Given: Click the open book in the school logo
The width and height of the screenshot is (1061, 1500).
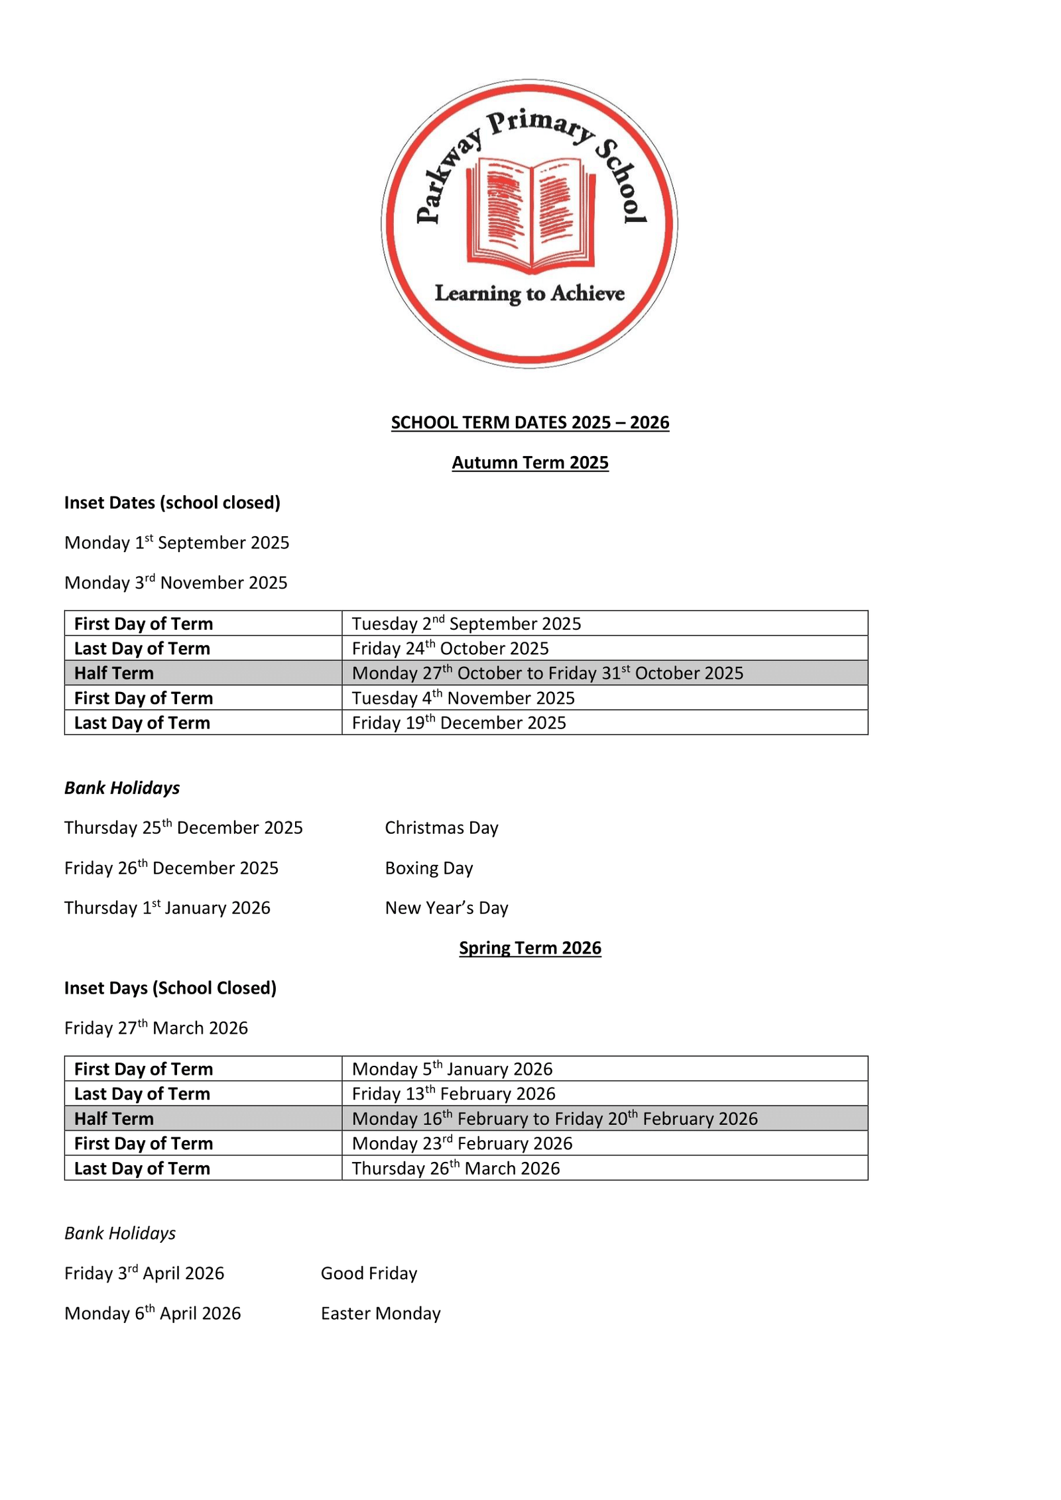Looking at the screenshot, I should (x=530, y=213).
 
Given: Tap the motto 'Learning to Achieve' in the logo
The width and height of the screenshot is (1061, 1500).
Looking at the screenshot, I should (x=529, y=293).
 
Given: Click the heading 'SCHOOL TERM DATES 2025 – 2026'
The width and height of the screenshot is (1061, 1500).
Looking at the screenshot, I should (x=530, y=422).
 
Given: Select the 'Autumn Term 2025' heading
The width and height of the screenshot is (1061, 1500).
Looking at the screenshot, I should (x=530, y=463).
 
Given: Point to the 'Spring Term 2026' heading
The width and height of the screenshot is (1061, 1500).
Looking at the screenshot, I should (x=530, y=948).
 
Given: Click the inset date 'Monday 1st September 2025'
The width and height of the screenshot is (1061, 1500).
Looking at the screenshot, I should (x=176, y=543).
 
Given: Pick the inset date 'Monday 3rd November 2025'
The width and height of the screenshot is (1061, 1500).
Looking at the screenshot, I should (x=176, y=583).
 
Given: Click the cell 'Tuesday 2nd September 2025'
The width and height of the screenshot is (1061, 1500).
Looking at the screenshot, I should (x=466, y=624).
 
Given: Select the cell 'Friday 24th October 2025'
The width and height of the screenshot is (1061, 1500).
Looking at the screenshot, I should (x=450, y=648).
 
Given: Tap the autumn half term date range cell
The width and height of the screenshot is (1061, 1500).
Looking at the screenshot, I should (x=547, y=673).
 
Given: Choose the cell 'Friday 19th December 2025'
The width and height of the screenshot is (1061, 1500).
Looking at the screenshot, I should (x=459, y=722).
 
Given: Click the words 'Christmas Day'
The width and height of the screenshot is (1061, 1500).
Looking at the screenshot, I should (x=441, y=828).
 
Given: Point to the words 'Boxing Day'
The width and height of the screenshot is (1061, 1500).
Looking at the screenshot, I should (x=428, y=868).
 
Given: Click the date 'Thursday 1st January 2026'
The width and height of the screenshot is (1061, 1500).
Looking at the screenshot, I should (x=167, y=908).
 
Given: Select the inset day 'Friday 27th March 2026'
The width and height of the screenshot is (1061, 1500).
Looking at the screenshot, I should (x=156, y=1028).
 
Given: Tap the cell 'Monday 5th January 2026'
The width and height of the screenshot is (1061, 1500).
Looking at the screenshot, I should (x=452, y=1069).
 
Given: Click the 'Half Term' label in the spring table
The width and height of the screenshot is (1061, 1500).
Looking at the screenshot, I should (x=114, y=1119).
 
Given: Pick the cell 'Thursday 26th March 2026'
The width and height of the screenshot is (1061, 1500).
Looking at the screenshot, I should (x=456, y=1169).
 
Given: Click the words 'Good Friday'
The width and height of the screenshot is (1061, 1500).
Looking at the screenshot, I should (x=369, y=1273).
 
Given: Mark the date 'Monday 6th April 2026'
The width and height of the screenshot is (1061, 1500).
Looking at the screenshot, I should (x=153, y=1314).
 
